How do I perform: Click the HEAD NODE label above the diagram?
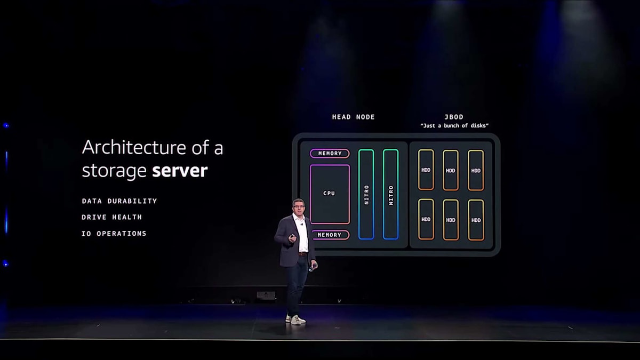point(353,117)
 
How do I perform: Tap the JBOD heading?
point(454,117)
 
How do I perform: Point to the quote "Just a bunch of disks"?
point(454,126)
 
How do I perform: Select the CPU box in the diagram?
point(330,194)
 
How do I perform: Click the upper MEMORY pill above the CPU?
point(330,154)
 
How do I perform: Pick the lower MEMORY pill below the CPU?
point(330,235)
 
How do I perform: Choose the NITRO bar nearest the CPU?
point(366,194)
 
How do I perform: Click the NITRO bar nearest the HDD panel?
point(390,194)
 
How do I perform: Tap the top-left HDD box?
point(426,170)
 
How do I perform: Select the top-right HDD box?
point(476,170)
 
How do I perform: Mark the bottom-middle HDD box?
point(451,220)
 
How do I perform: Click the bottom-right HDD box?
point(476,220)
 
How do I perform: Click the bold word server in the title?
point(180,171)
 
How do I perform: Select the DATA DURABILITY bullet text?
point(119,201)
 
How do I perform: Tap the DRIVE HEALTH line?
point(111,217)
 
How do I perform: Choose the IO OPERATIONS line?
point(114,234)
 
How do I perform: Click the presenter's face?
point(298,208)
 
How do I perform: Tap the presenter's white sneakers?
point(295,319)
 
